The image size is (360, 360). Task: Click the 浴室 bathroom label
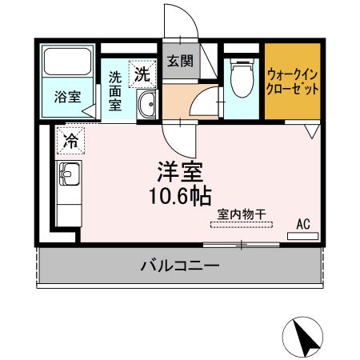click(67, 97)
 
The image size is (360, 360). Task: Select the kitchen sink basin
click(67, 173)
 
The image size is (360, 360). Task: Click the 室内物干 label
click(242, 214)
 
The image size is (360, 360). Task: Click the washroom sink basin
click(146, 104)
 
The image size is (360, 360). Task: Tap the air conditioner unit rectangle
click(302, 236)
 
